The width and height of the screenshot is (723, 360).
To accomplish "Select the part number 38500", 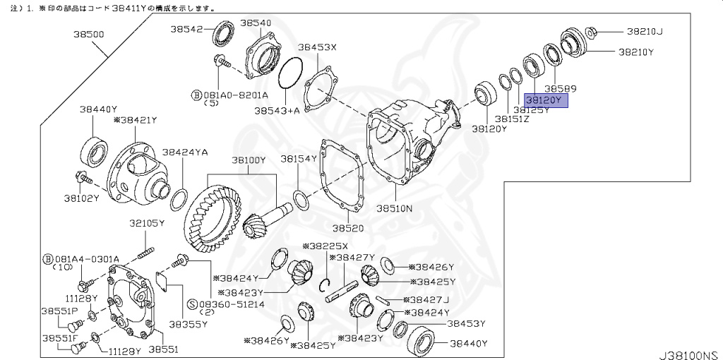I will click(90, 33).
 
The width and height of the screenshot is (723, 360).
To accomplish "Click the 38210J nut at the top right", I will click(592, 31).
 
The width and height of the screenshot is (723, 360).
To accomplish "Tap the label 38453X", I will click(317, 48).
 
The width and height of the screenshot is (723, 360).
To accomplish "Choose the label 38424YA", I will click(184, 152).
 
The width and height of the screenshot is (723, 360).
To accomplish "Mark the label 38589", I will click(561, 89).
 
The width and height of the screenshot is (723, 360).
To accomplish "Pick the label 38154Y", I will click(299, 159).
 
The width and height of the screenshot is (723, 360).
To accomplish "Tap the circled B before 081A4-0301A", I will click(49, 258).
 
